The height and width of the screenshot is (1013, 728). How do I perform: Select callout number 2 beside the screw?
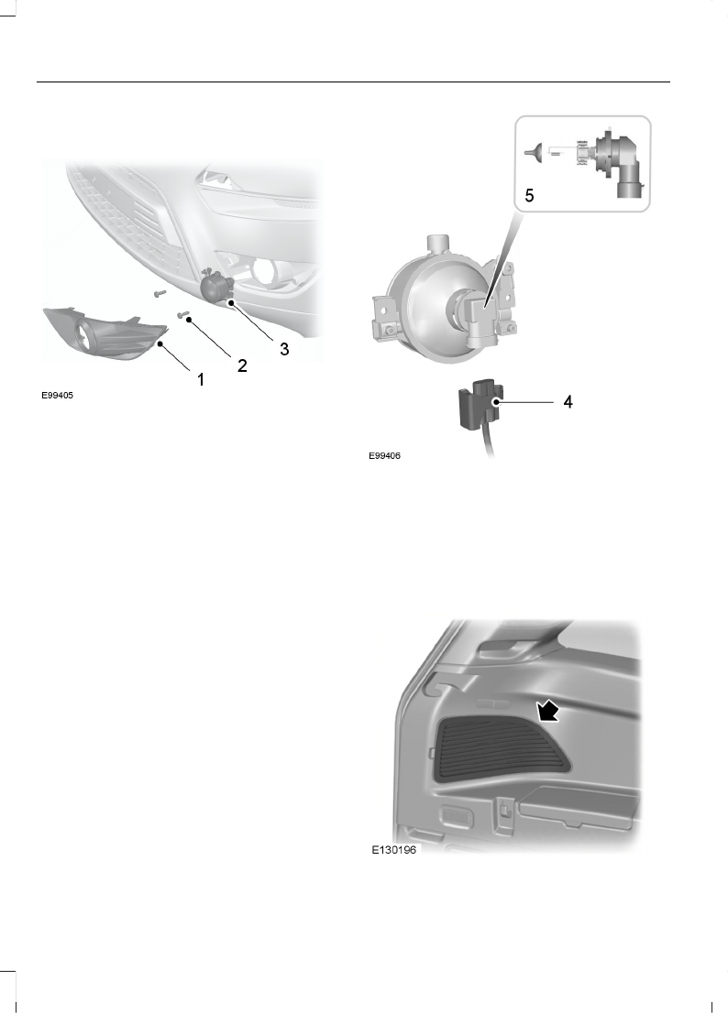pyautogui.click(x=242, y=365)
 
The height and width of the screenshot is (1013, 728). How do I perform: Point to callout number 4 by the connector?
pyautogui.click(x=568, y=401)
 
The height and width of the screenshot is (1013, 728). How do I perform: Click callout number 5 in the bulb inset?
pyautogui.click(x=527, y=195)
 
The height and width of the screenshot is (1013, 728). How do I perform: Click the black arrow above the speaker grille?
pyautogui.click(x=548, y=709)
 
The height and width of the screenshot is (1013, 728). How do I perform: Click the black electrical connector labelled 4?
pyautogui.click(x=476, y=405)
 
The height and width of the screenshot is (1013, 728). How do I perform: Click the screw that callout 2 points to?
pyautogui.click(x=184, y=316)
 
